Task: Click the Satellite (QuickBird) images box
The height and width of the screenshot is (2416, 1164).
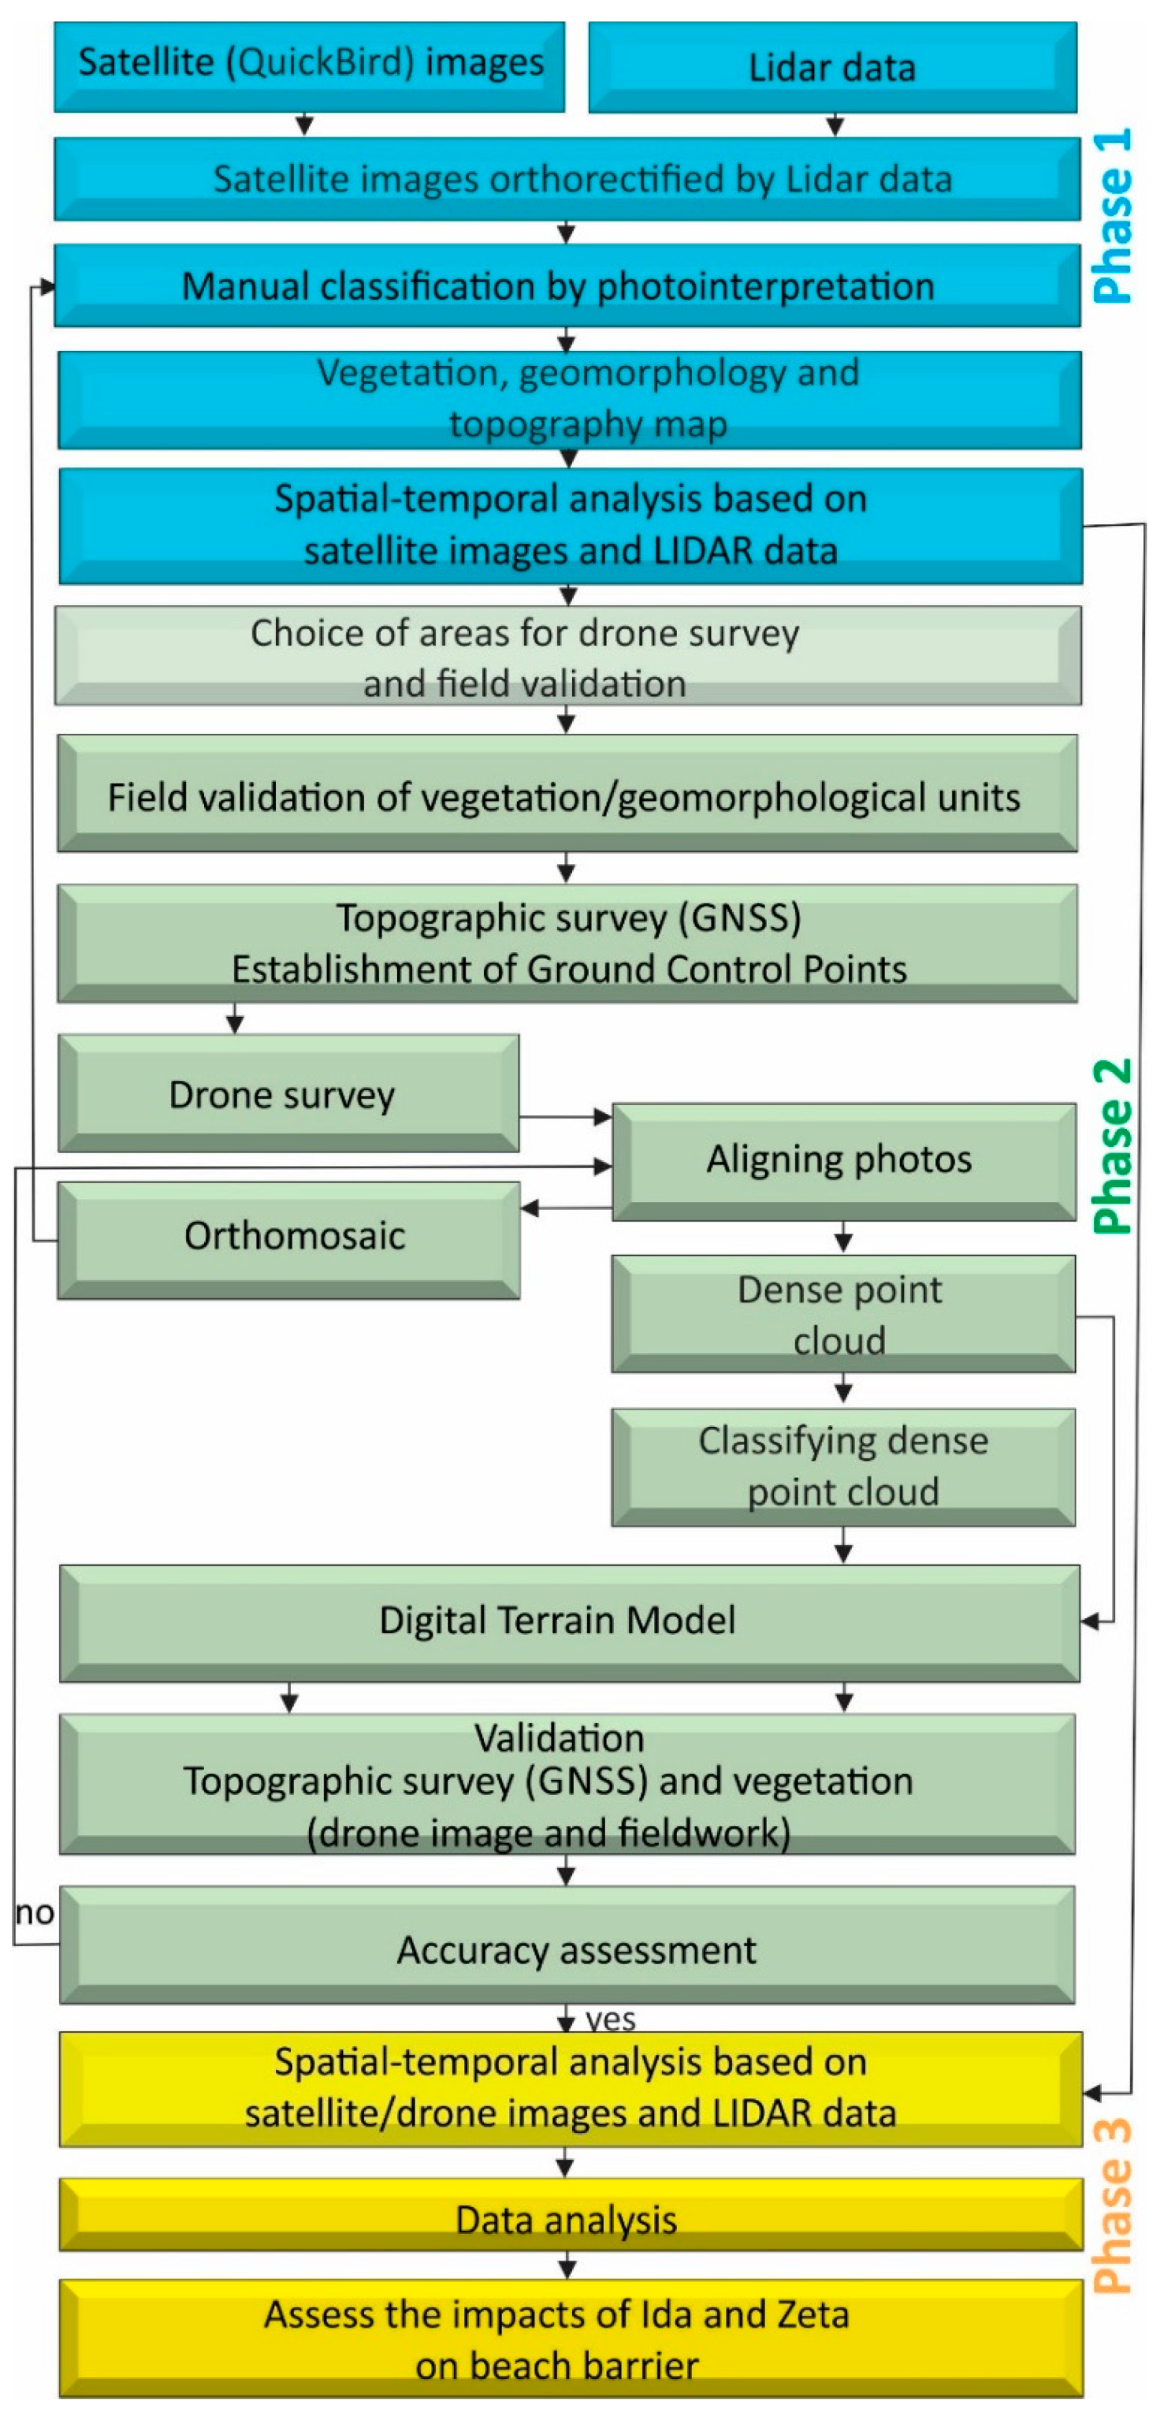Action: (x=309, y=65)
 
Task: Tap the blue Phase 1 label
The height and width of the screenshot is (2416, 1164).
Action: (x=1114, y=216)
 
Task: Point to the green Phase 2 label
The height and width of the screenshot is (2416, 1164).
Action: (x=1114, y=1145)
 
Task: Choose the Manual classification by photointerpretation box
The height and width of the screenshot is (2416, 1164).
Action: (x=567, y=286)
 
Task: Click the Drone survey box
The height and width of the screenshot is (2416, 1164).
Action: (x=287, y=1093)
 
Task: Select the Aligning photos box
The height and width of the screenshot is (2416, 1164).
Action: (x=842, y=1161)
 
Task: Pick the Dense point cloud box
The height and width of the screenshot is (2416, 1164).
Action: (x=842, y=1313)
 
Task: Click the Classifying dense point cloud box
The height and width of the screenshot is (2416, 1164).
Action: (x=842, y=1466)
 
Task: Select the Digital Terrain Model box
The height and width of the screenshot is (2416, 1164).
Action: (x=568, y=1621)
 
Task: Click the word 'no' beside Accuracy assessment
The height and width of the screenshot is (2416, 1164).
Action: (x=34, y=1912)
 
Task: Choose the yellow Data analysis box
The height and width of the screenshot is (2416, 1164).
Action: (x=568, y=2218)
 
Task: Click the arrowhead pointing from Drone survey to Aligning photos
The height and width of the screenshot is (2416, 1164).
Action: (x=604, y=1117)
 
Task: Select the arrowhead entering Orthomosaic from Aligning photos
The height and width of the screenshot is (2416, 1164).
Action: (x=530, y=1208)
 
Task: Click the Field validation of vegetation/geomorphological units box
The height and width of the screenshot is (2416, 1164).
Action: (x=567, y=795)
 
